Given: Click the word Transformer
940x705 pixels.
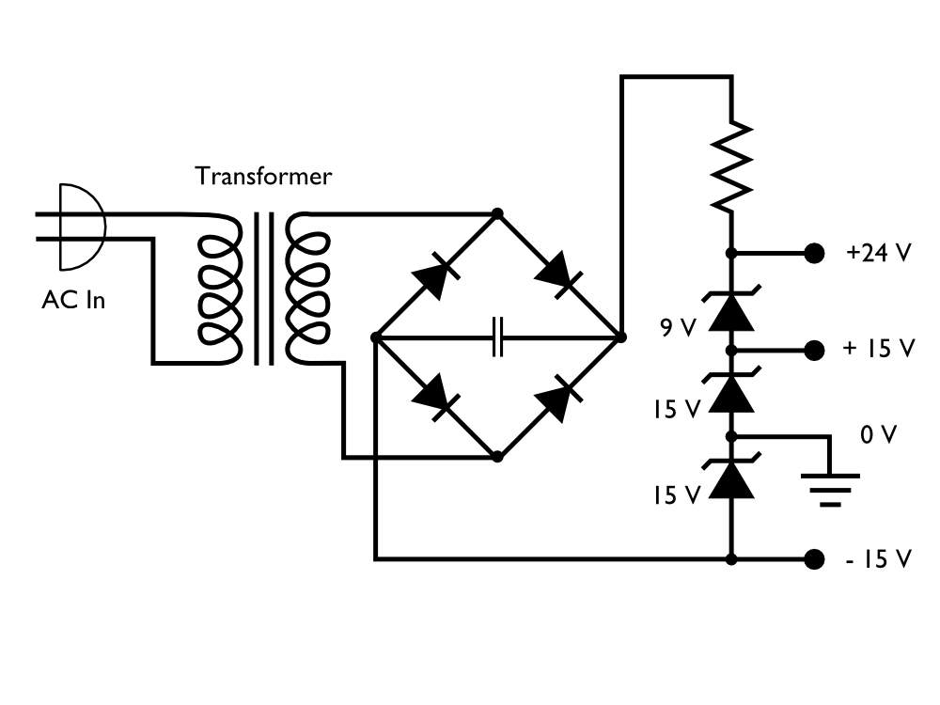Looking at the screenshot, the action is (262, 177).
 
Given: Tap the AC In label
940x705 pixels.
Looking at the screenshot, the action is (73, 301).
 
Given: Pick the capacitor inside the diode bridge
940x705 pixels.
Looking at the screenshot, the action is (498, 336).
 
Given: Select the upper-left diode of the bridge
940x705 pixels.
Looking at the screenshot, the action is (434, 275).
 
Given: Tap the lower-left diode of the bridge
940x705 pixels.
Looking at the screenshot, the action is (434, 398).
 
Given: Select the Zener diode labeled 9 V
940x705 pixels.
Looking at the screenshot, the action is (731, 311).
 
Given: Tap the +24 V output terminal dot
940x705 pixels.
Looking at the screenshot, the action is (814, 253).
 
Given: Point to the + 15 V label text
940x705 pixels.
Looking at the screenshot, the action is (879, 349).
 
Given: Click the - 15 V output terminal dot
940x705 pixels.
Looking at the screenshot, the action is (814, 559).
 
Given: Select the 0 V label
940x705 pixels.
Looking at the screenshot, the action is (878, 435).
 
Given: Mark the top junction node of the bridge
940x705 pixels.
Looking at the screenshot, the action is (497, 214).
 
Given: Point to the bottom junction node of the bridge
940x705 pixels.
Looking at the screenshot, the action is (497, 458).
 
